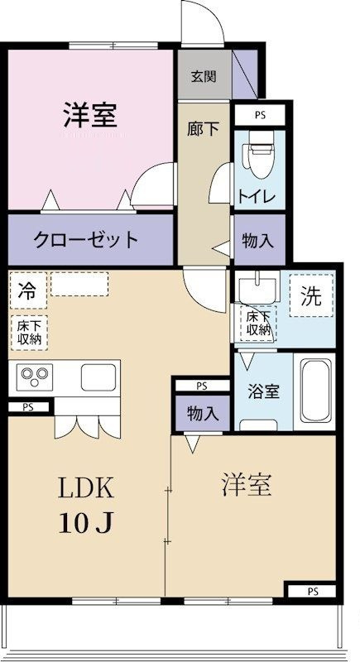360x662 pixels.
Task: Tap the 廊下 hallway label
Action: [199, 131]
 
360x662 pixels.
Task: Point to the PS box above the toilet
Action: [259, 115]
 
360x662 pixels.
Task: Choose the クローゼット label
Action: [87, 240]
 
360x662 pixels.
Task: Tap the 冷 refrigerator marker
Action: [27, 290]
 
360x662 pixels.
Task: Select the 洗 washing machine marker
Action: [310, 297]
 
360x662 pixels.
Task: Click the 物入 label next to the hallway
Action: [259, 240]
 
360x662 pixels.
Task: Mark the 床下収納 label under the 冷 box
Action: [27, 333]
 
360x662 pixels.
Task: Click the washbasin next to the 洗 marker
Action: [259, 288]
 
